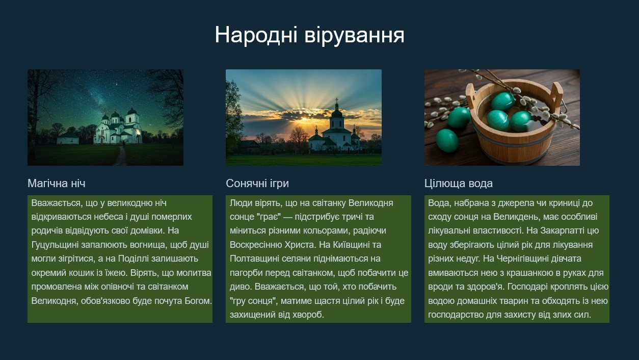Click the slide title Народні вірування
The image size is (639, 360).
coord(309,35)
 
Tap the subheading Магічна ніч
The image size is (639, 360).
coord(57,183)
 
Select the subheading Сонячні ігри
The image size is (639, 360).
coord(257,183)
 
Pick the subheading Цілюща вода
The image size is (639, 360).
coord(459,183)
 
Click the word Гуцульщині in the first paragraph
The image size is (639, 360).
coord(55,245)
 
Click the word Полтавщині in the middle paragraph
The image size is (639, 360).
coord(254,259)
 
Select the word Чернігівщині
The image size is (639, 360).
coord(522,259)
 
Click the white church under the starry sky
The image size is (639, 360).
coord(118,127)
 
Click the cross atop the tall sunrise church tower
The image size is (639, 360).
coord(337,101)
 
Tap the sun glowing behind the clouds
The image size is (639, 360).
coord(304,119)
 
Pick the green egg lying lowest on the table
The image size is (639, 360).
coord(447,140)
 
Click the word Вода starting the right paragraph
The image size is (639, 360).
coord(438,203)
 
